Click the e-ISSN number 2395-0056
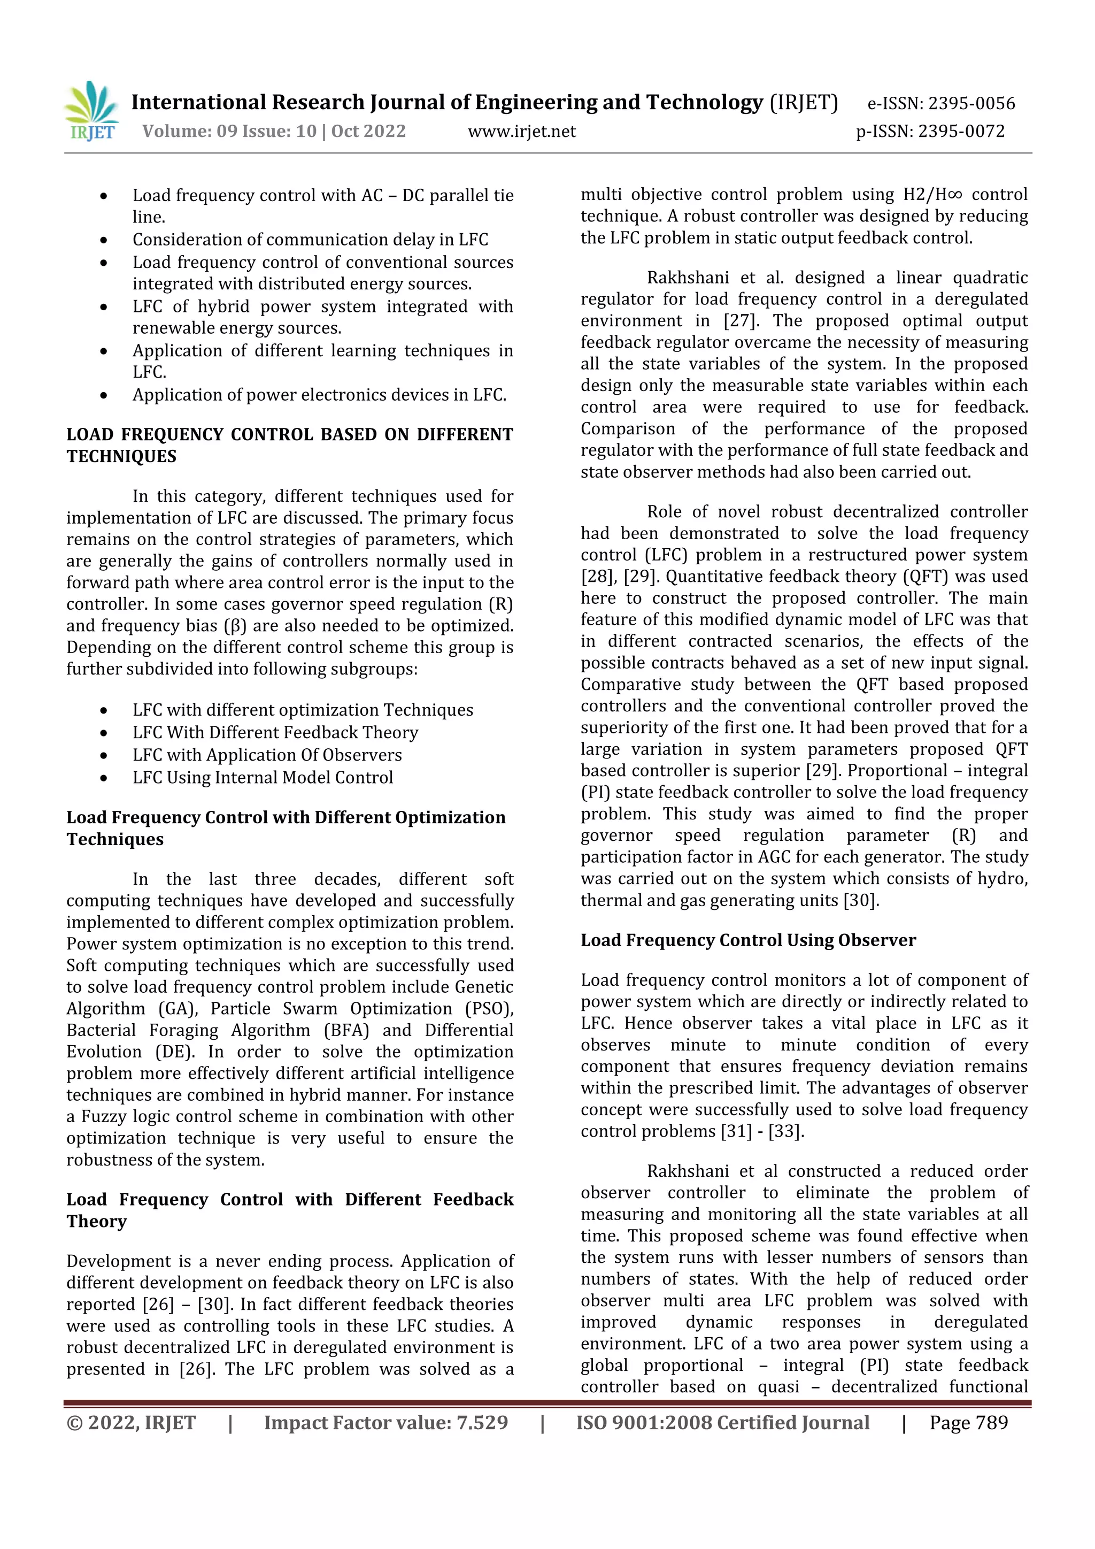coord(971,103)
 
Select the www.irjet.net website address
coord(522,132)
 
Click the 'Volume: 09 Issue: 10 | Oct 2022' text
coord(274,131)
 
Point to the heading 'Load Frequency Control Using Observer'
coord(748,940)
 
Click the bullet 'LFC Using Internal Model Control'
coord(263,777)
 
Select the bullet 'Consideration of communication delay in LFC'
coord(310,240)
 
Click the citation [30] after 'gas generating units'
coord(861,900)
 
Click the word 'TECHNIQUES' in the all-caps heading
coord(121,456)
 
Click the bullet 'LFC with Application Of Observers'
coord(267,754)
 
